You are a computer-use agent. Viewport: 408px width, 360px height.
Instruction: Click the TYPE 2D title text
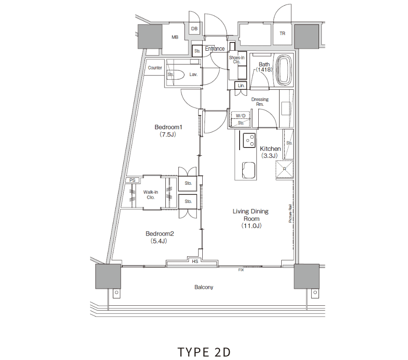204,352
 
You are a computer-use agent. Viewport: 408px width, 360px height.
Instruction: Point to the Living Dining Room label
250,218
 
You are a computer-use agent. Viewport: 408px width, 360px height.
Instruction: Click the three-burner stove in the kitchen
249,141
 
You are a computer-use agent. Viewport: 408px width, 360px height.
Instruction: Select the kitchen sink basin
249,170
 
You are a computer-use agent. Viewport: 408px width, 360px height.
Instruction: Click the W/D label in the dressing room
241,116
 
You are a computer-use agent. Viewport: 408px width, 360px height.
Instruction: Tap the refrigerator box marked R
284,169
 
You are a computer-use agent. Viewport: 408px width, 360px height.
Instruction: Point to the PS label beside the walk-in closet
132,180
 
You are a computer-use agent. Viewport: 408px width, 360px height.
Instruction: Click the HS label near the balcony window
195,261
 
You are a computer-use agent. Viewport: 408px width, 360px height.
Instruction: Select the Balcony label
204,287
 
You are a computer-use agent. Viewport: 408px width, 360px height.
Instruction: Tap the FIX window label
241,270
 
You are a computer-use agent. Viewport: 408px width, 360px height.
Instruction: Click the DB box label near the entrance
194,29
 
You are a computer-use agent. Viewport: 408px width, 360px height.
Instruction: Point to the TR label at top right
282,33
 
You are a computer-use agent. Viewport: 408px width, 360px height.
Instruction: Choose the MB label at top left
175,37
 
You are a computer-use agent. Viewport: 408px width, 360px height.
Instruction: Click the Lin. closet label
241,85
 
